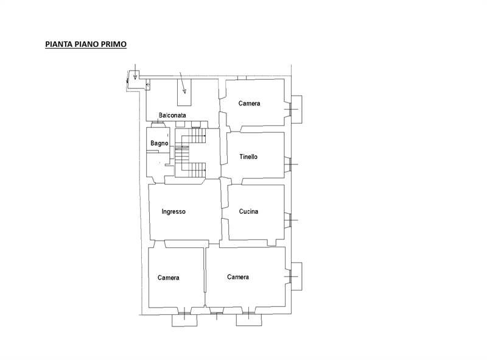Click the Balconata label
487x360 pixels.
tap(172, 115)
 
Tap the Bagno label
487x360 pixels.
tap(159, 143)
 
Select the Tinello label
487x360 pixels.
tap(248, 157)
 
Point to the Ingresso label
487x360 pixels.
tap(173, 212)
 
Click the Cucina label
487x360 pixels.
tap(248, 211)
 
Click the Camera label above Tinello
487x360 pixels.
tap(249, 103)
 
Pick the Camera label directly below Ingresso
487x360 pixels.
tap(169, 278)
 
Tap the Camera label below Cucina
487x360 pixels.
tap(238, 277)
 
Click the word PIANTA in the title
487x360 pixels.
tap(58, 44)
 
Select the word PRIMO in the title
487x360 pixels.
tap(114, 44)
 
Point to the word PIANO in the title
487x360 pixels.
tap(86, 44)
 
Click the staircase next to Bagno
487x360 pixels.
tap(191, 153)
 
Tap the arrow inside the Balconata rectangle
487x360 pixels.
tap(183, 82)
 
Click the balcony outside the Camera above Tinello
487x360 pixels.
tap(296, 110)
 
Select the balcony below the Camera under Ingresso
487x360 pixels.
tap(184, 320)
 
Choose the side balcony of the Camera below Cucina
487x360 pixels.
tap(296, 277)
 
